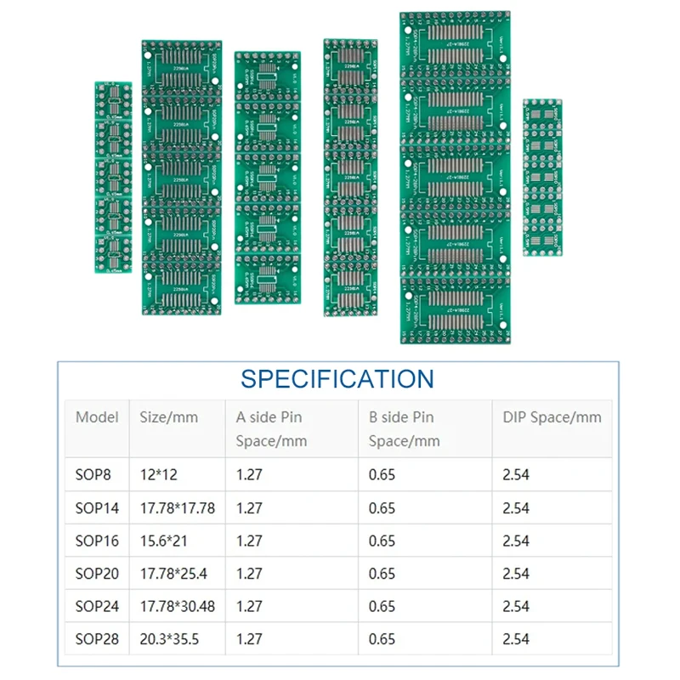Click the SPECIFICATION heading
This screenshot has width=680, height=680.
tap(337, 378)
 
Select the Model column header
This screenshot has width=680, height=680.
tap(97, 417)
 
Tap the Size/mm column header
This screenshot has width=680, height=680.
tap(168, 417)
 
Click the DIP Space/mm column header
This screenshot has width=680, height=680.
tap(552, 417)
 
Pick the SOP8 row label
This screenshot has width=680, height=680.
tap(93, 475)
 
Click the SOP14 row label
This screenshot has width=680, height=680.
tap(97, 508)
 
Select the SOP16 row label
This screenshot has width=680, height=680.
tap(97, 541)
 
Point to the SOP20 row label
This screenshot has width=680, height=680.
tap(97, 574)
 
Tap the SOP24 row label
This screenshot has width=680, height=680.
tap(97, 606)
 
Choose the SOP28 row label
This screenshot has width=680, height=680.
tap(97, 639)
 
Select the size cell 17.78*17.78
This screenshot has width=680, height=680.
tap(177, 508)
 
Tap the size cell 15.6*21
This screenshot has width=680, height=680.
tap(164, 541)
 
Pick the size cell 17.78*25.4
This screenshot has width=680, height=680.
tap(173, 574)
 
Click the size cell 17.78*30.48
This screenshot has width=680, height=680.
tap(177, 606)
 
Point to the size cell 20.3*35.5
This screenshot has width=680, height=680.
tap(168, 639)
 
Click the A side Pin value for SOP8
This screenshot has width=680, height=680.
tap(249, 475)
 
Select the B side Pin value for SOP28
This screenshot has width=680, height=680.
tap(382, 639)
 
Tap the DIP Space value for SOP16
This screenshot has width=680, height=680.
tap(516, 541)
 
